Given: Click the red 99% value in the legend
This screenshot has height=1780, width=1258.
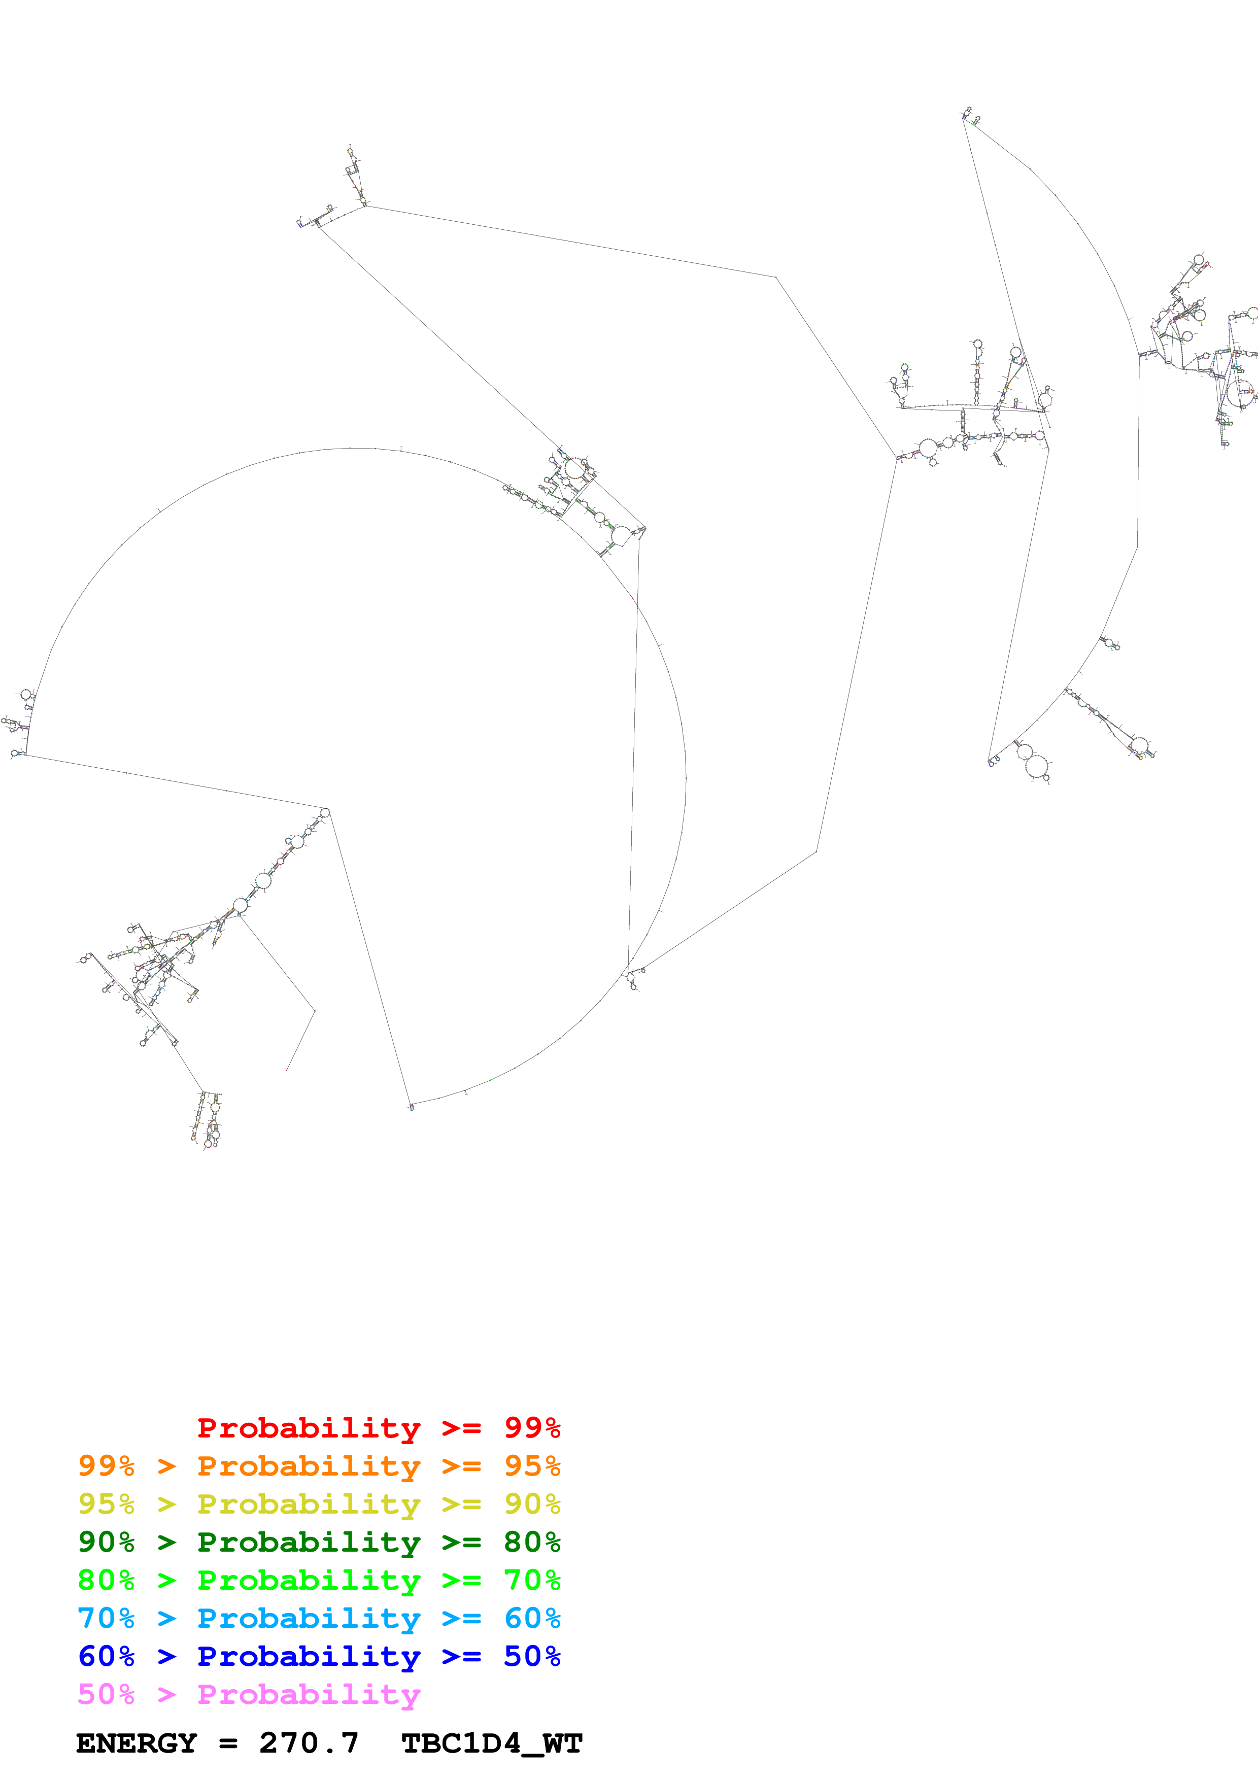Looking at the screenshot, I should point(532,1427).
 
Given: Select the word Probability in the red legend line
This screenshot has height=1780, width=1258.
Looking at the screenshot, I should point(309,1428).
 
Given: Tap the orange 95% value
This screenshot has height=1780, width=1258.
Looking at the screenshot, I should point(532,1465).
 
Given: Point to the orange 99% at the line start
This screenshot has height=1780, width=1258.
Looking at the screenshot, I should point(106,1465).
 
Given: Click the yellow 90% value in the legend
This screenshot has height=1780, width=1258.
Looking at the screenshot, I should point(532,1503).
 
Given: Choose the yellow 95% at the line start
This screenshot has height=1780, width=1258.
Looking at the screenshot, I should point(106,1503).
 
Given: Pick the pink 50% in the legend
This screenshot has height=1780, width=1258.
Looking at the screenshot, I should point(106,1694).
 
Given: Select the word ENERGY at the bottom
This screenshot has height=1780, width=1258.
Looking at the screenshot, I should point(137,1743).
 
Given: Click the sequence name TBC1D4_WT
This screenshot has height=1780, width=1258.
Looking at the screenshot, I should point(491,1743).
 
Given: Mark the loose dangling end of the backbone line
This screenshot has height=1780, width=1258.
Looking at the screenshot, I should point(287,1071).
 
